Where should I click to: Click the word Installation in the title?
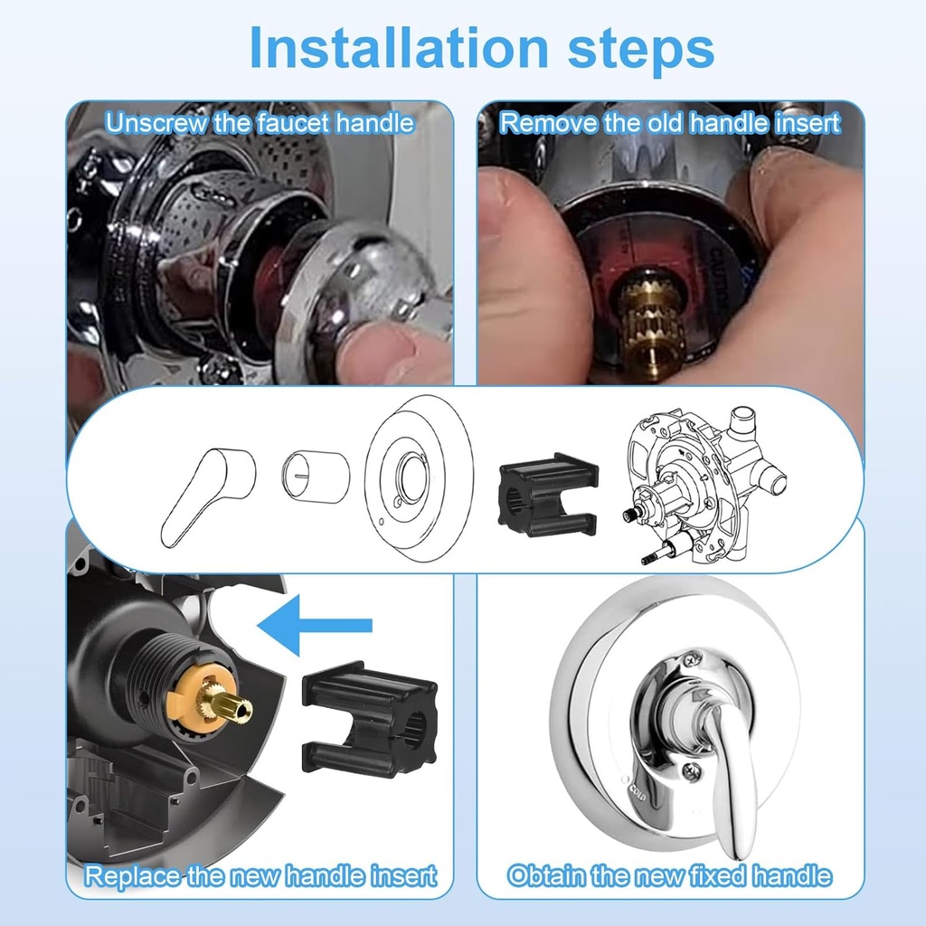click(x=399, y=47)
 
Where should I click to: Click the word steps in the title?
click(x=641, y=50)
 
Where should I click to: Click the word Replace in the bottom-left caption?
click(x=132, y=875)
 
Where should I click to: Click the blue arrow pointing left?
click(x=315, y=626)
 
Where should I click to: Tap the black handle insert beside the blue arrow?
click(x=370, y=719)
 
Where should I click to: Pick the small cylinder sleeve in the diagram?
click(x=316, y=477)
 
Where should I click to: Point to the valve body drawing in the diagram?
click(x=704, y=485)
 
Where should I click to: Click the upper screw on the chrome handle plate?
click(x=693, y=657)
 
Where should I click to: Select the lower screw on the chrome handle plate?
click(x=692, y=770)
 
